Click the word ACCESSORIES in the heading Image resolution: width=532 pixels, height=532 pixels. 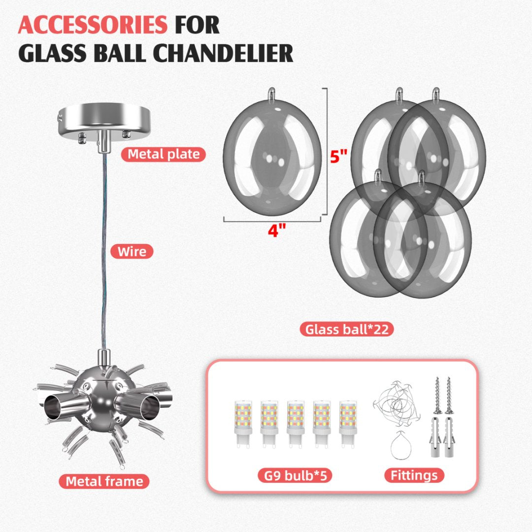point(92,25)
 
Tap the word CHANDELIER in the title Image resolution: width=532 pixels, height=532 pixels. point(223,53)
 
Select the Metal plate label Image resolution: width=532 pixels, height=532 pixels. point(164,154)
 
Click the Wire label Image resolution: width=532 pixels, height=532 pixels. point(132,252)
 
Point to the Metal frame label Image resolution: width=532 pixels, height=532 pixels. point(104,481)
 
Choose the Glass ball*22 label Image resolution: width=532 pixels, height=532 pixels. point(347,330)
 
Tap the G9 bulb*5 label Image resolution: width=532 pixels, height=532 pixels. point(295,475)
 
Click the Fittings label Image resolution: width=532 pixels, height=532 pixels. point(414,475)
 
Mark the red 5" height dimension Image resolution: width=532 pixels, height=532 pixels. point(338,157)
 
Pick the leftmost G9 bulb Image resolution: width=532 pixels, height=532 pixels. point(243,425)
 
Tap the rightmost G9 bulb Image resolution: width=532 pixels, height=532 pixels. point(348,425)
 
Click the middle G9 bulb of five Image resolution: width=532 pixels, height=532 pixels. point(296,425)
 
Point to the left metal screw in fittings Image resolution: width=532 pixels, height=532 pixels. point(438,396)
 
